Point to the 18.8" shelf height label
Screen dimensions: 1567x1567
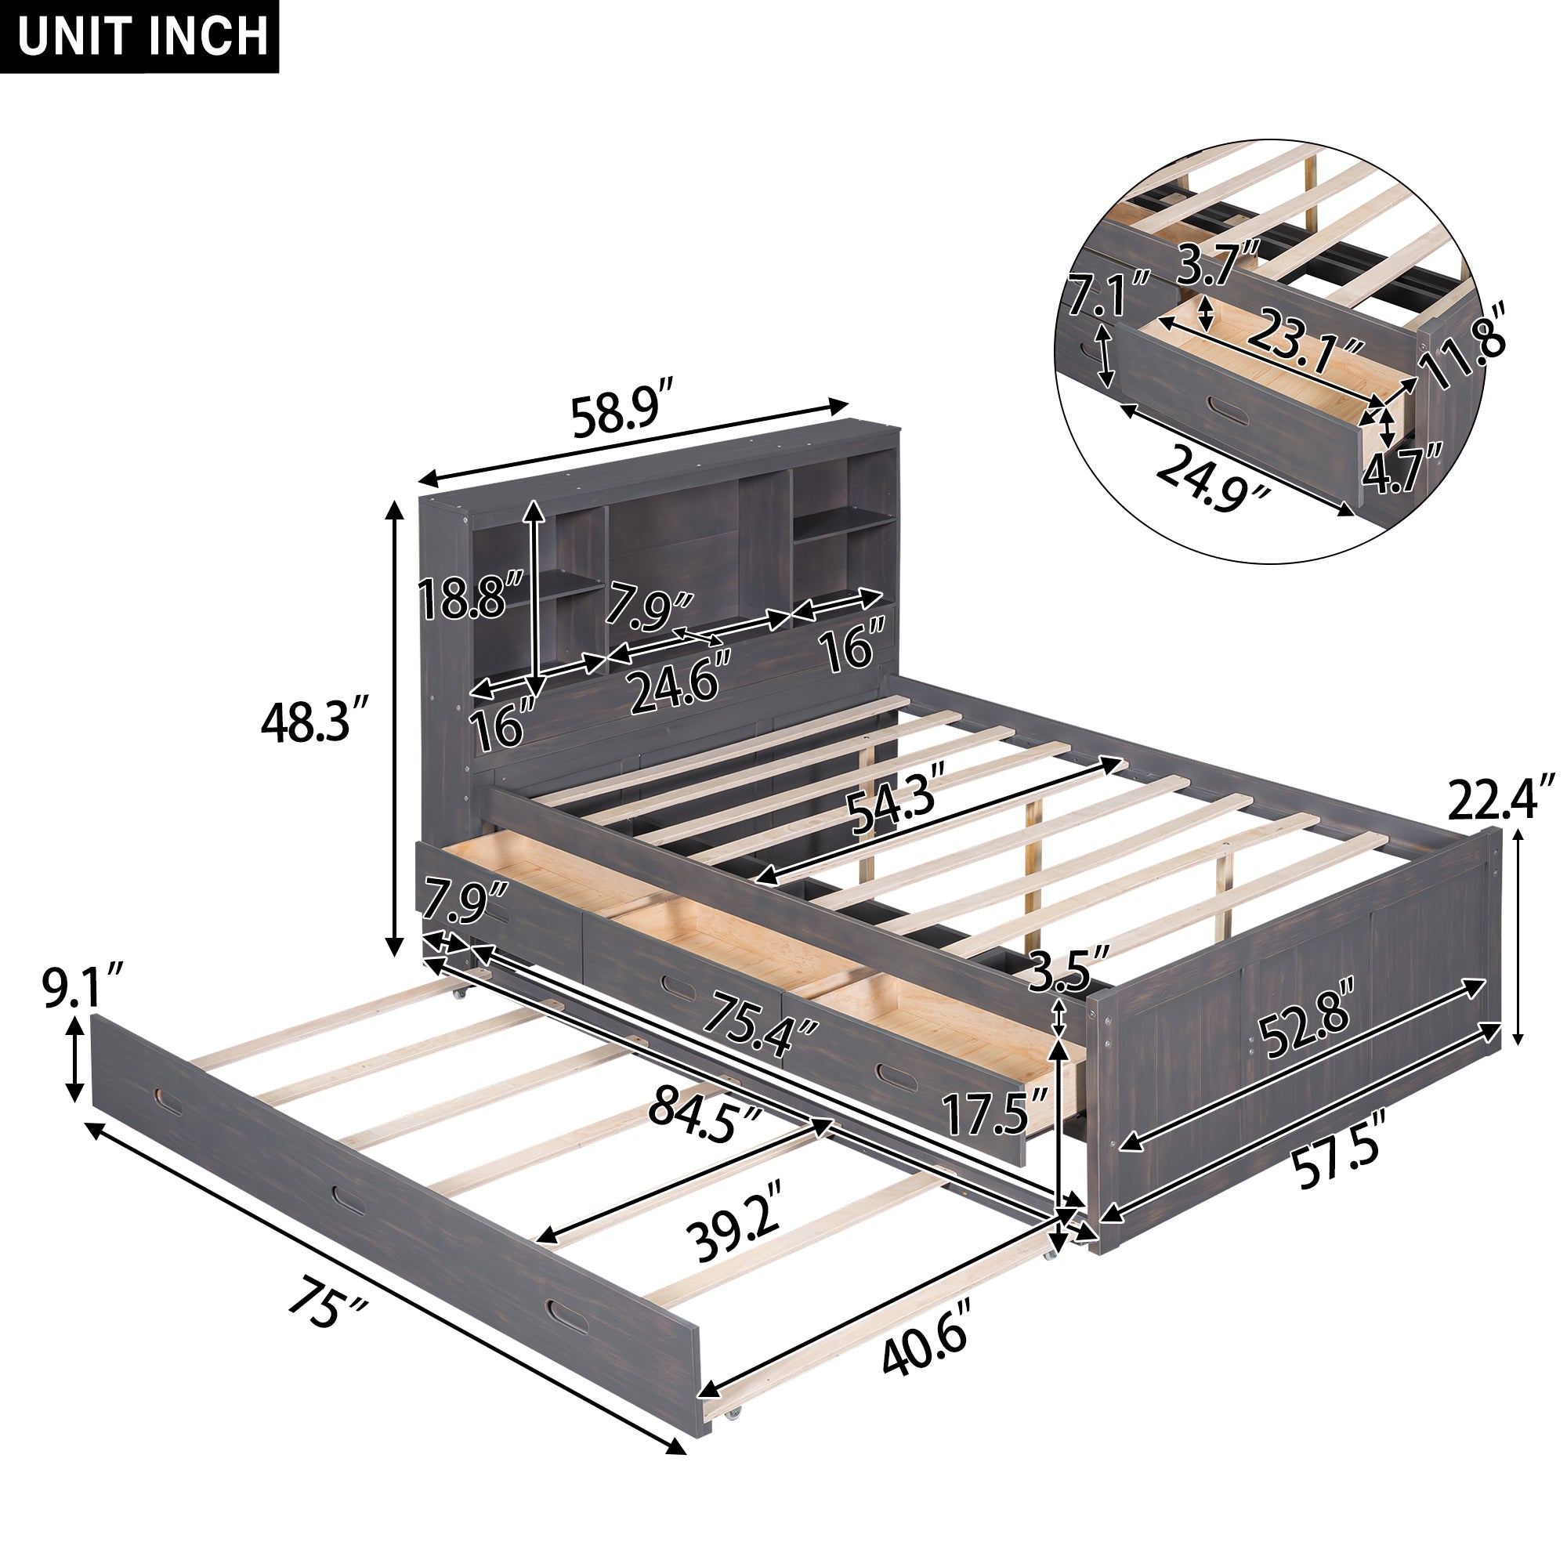(470, 597)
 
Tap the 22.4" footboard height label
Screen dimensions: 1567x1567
(1500, 798)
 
